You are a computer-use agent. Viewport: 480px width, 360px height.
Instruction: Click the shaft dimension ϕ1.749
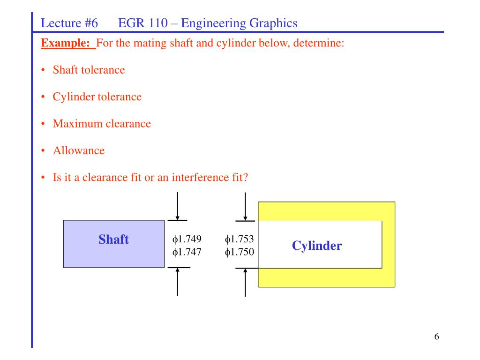pos(187,240)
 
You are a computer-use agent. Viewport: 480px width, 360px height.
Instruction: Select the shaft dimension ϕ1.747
pos(187,252)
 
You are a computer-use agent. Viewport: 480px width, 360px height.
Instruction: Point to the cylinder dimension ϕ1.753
pos(240,240)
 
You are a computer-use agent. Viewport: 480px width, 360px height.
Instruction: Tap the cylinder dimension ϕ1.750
pos(240,252)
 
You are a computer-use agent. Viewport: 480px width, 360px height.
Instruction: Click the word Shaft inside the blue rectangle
pos(113,240)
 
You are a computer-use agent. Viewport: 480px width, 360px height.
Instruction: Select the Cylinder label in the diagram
pos(317,246)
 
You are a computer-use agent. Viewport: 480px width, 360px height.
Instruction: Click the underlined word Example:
pos(68,44)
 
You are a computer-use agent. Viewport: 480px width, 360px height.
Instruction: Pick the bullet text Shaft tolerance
pos(89,70)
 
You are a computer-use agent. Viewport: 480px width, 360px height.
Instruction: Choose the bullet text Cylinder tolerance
pos(97,97)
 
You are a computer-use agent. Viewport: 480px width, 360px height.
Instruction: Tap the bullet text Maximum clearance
pos(102,124)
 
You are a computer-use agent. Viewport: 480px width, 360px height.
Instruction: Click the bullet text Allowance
pos(78,151)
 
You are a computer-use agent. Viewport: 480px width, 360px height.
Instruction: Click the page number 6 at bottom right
pos(436,337)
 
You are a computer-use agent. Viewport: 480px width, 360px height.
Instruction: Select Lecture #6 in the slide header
pos(69,22)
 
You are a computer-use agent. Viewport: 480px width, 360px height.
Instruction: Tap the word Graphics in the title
pos(273,22)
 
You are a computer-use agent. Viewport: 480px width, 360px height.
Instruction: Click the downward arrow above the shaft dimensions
pos(177,206)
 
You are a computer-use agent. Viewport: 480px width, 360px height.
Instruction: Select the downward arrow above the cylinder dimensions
pos(245,206)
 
